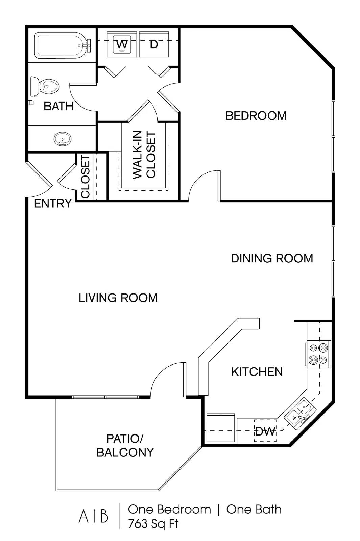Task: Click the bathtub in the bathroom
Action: (62, 46)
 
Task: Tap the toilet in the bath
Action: (45, 86)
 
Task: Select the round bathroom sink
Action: (63, 139)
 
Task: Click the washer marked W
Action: (122, 44)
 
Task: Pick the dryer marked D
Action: (154, 44)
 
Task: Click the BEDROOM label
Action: (256, 116)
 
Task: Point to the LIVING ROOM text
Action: (118, 298)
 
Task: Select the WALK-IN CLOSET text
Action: (144, 155)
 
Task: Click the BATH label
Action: (59, 106)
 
